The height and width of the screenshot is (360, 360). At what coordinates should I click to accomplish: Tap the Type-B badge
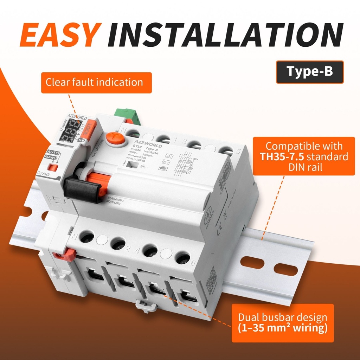click(x=310, y=72)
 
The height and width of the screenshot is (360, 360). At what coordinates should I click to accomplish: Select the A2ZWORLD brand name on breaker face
click(x=147, y=145)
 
